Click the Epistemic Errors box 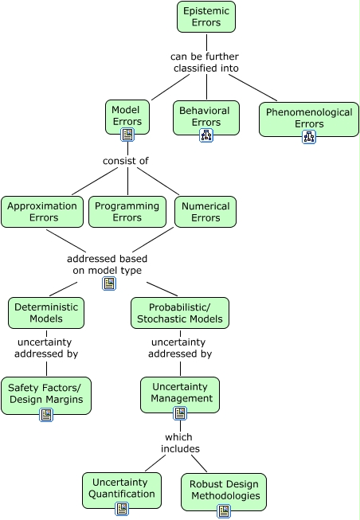(x=206, y=17)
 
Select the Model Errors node (x=127, y=117)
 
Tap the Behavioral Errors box (x=206, y=118)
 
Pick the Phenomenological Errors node (x=309, y=119)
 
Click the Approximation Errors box (x=42, y=212)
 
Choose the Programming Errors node (x=127, y=212)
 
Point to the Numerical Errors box (x=205, y=212)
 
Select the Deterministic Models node (x=46, y=313)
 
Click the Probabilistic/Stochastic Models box (x=180, y=313)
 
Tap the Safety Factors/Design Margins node (x=46, y=395)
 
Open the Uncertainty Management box (x=180, y=395)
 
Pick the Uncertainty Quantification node (x=122, y=491)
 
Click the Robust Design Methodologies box (x=224, y=492)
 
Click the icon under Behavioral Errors (x=206, y=135)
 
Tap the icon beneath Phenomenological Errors (x=309, y=137)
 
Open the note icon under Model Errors (x=127, y=135)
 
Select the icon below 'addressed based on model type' (x=109, y=283)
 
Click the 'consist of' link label (x=126, y=161)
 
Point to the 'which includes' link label (x=180, y=443)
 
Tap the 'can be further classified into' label (x=205, y=62)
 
